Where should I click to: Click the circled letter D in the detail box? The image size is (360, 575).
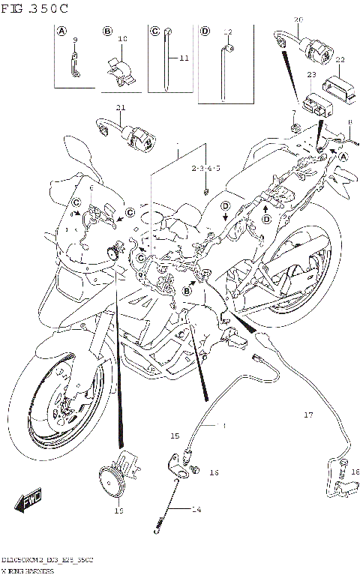click(205, 31)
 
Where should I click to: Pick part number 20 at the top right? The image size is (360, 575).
click(298, 18)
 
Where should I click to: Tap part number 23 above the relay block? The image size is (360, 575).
click(310, 75)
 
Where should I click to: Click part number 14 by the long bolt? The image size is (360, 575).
click(196, 509)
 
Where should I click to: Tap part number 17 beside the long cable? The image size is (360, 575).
click(307, 415)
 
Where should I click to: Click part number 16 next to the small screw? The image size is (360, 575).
click(214, 472)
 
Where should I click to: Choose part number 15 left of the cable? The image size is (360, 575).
click(174, 435)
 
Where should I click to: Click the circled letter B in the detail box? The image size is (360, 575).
click(107, 31)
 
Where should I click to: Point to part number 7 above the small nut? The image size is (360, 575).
click(294, 112)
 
